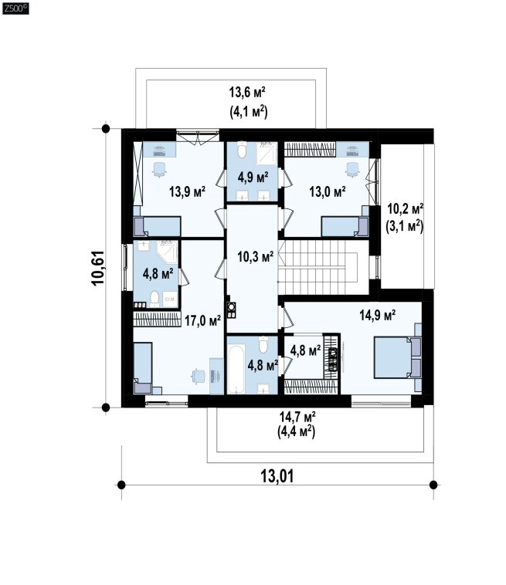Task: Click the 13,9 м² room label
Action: [x=187, y=191]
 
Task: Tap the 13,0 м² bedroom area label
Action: [x=327, y=191]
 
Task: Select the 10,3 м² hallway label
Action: [x=256, y=256]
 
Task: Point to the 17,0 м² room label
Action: [x=202, y=320]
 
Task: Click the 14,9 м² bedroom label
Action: [x=378, y=315]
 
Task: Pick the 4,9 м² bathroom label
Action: [x=253, y=178]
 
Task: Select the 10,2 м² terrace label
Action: [x=405, y=209]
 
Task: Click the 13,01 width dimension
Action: [x=277, y=476]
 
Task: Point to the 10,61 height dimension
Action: [x=98, y=268]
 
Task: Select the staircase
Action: [x=318, y=267]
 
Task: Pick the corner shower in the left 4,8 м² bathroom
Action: [x=168, y=252]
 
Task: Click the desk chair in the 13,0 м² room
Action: [x=351, y=170]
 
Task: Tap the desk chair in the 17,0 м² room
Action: [x=198, y=376]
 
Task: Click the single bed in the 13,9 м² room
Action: [x=157, y=226]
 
